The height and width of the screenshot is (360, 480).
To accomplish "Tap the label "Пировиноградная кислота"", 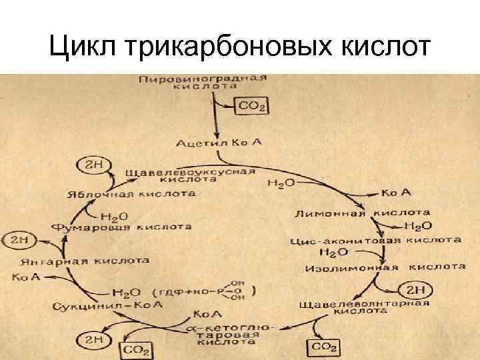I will tap(203, 82).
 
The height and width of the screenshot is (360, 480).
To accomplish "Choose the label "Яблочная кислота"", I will tap(131, 194).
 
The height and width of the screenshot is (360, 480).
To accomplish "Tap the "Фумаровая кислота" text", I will tap(121, 227).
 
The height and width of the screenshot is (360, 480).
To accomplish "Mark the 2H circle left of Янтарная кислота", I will tap(15, 237).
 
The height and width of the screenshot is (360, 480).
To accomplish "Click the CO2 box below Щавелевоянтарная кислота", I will tap(324, 347).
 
